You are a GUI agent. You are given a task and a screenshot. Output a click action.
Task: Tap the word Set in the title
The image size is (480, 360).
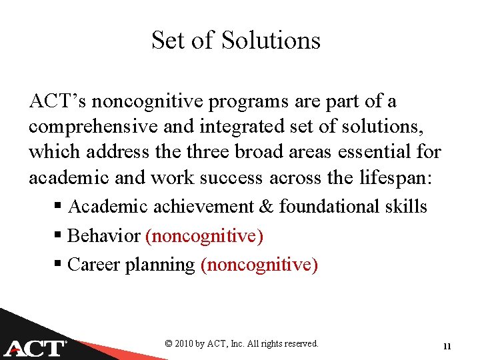tap(167, 40)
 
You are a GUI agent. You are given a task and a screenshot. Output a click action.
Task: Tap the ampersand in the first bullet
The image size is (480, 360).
tap(265, 207)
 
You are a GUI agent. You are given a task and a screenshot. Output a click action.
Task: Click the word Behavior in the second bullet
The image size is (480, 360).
tap(104, 236)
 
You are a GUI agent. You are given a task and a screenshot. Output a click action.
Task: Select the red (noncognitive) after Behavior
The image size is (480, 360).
tap(204, 236)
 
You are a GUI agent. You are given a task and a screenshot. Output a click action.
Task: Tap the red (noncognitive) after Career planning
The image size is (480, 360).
tap(259, 265)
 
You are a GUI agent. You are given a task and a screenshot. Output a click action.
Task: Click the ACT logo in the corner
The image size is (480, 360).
tap(35, 346)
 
